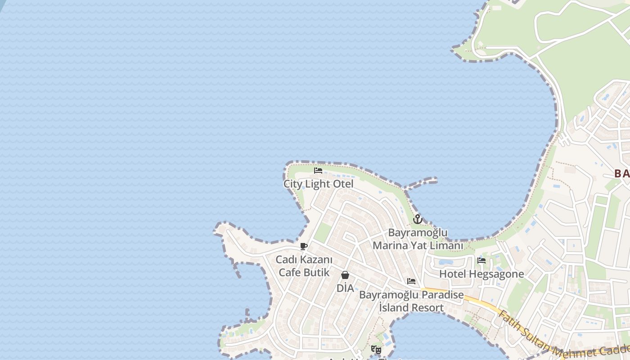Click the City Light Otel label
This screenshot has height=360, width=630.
tap(318, 184)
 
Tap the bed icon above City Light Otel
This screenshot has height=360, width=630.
tap(318, 171)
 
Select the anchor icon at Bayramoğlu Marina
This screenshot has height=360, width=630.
tap(418, 219)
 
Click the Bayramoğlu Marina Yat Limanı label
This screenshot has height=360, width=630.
tap(418, 239)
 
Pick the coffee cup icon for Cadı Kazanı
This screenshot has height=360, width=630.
tap(304, 246)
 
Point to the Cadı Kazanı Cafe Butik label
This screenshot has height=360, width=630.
tap(304, 266)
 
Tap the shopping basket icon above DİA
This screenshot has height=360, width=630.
tap(345, 275)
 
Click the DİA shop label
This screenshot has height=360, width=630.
tap(345, 288)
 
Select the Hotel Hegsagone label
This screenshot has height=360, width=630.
tap(481, 274)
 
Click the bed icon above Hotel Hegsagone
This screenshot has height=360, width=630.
tap(481, 261)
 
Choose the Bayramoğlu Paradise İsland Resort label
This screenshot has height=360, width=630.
tap(411, 301)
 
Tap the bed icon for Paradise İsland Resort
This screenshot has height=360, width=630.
tap(411, 281)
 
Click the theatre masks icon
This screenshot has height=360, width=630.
tap(376, 349)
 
